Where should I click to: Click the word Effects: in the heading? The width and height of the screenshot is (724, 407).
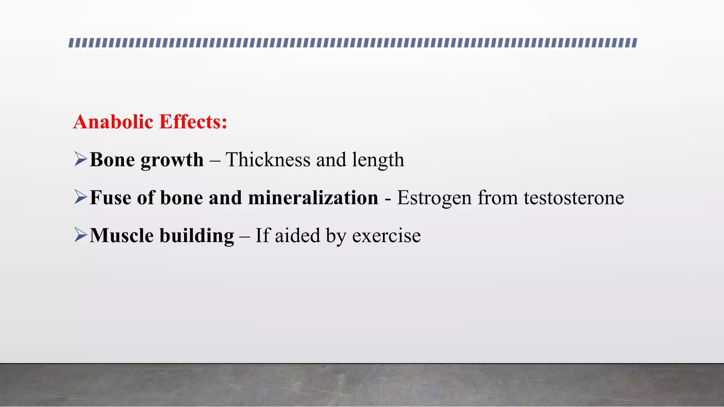(193, 122)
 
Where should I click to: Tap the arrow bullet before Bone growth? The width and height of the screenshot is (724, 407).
(81, 159)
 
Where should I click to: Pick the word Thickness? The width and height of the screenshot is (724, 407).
(268, 160)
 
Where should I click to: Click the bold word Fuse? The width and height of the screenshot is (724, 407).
(111, 197)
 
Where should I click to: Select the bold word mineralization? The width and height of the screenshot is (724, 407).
(313, 197)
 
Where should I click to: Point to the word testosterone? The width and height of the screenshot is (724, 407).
(574, 198)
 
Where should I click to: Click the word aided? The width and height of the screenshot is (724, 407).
(297, 236)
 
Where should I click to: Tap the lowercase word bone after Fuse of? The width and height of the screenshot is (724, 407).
(182, 197)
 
